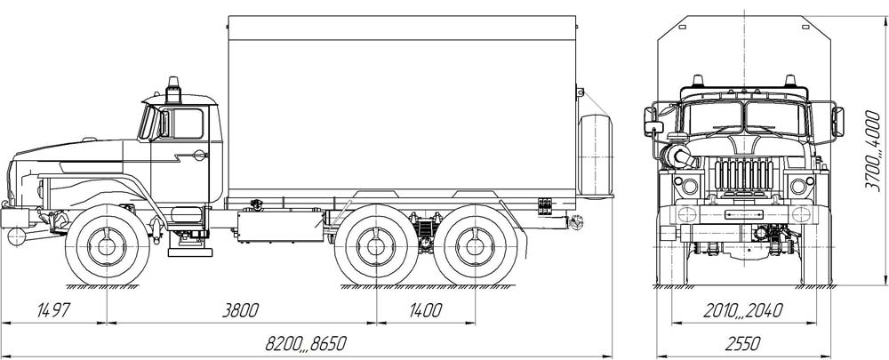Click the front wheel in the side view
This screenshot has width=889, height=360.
click(108, 245)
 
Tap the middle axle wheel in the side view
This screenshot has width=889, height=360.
click(376, 245)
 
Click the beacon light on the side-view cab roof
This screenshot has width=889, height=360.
click(174, 88)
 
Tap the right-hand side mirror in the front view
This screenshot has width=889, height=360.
click(837, 121)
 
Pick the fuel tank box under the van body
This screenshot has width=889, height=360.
click(279, 226)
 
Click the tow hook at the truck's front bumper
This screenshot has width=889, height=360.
click(15, 236)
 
